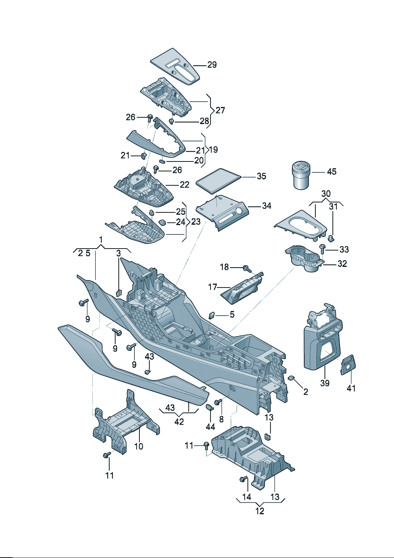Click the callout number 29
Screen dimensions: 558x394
click(212, 65)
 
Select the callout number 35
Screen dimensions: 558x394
click(261, 176)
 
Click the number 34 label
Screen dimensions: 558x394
click(267, 206)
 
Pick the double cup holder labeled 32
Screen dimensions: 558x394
click(304, 259)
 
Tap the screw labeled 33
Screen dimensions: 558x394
click(323, 250)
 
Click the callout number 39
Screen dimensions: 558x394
click(325, 383)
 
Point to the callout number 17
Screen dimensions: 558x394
click(212, 287)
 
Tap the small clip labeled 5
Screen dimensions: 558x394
click(212, 315)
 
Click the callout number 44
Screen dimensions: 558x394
click(210, 427)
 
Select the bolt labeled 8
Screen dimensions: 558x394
click(218, 402)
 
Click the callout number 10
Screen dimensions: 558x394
click(139, 446)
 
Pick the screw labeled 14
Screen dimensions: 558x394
click(243, 480)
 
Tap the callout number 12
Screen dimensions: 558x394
click(260, 511)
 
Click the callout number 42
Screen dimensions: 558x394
click(179, 422)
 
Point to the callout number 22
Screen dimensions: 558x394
click(185, 185)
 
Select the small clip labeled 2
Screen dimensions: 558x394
click(292, 377)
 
